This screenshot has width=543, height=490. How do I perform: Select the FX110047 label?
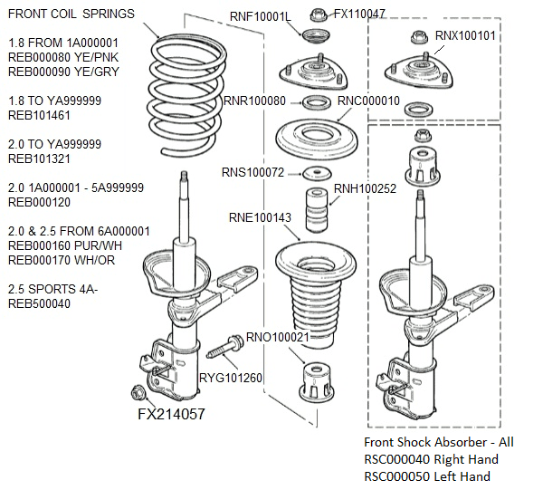[359, 14]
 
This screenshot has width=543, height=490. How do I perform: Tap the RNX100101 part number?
[465, 35]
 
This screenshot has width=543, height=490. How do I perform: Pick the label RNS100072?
[252, 172]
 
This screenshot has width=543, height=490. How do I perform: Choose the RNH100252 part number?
[366, 189]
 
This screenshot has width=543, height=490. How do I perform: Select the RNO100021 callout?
[279, 337]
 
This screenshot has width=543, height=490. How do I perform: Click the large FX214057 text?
[171, 414]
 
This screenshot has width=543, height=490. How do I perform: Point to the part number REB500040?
[41, 303]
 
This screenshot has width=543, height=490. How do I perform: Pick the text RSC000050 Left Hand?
[427, 476]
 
